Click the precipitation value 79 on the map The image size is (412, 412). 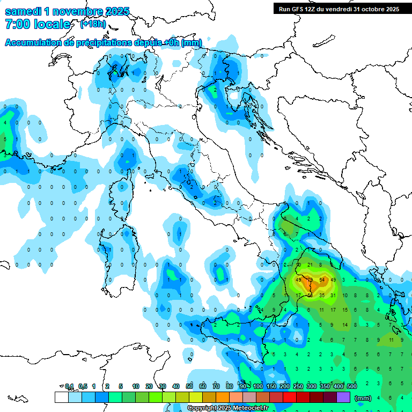310,280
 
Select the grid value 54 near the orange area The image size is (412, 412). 322,280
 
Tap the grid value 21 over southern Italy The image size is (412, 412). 310,265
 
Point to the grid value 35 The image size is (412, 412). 322,295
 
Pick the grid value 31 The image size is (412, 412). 334,295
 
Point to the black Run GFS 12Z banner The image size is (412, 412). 339,9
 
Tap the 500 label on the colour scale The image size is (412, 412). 352,386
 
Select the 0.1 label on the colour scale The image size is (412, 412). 69,386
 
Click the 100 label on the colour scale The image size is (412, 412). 257,386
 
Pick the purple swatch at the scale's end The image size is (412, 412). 343,397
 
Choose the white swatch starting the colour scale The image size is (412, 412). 61,397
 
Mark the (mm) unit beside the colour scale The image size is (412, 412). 363,398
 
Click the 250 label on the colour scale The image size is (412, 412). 298,386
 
